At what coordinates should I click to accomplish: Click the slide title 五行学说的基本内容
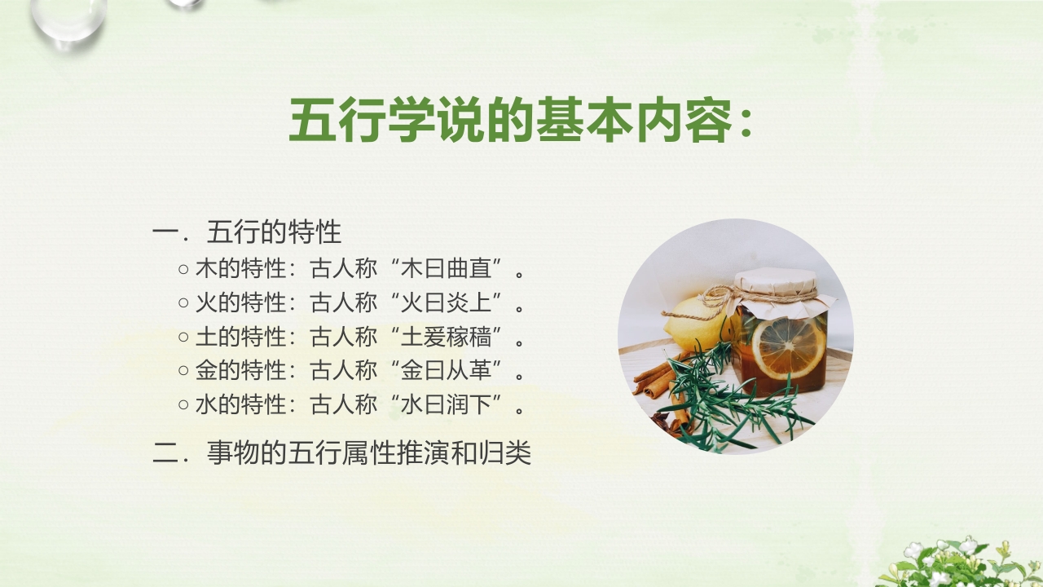tap(520, 121)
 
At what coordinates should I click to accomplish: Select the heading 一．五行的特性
tap(247, 232)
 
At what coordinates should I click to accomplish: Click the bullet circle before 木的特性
tap(183, 269)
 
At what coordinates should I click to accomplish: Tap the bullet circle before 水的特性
tap(183, 405)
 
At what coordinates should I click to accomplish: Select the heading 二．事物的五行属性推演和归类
tap(342, 453)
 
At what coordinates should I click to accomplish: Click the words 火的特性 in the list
tap(241, 302)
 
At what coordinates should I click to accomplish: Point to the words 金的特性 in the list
tap(241, 371)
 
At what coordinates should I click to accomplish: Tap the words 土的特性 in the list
tap(241, 337)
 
